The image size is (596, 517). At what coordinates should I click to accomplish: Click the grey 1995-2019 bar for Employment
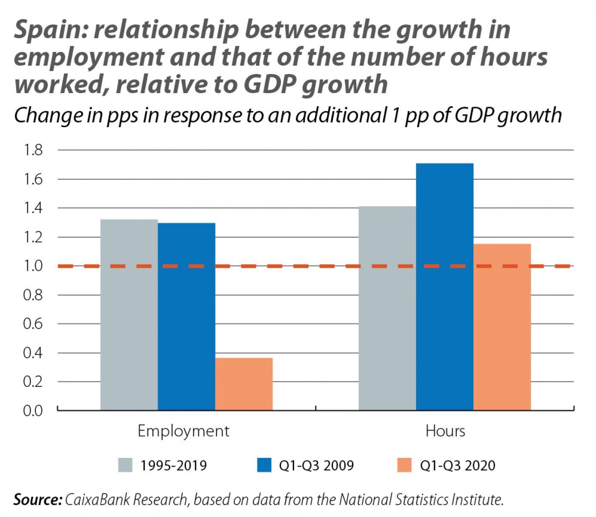pos(129,315)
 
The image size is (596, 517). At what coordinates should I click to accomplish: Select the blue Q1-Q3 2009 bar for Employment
pos(186,316)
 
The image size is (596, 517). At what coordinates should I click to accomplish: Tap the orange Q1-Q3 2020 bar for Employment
pos(244,384)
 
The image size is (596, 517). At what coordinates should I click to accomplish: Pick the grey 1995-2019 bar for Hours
pos(387,308)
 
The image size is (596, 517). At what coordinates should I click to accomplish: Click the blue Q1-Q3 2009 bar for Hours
pos(444,287)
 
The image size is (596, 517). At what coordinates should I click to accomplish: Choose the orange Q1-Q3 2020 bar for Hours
pos(502,327)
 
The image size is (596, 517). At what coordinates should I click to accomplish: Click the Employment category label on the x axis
pos(183,431)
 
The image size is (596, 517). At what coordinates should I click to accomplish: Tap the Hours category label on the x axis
pos(445,431)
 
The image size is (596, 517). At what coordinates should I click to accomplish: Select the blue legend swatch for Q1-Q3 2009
pos(264,465)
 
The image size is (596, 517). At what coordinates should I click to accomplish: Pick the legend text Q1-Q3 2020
pos(458,465)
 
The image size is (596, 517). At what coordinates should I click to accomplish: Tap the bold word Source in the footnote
pos(38,500)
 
